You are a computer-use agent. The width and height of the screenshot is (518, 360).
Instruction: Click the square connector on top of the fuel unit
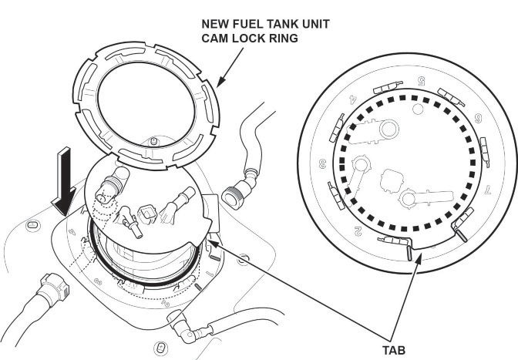148,210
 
